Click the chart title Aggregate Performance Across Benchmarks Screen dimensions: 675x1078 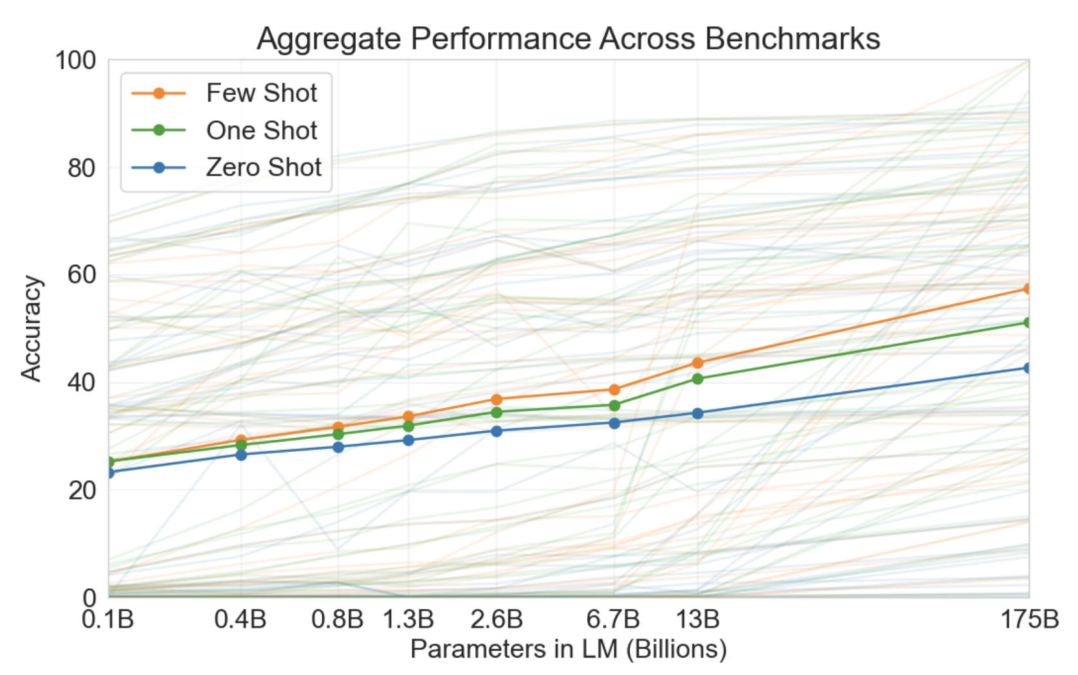568,39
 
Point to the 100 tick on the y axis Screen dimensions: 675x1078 75,61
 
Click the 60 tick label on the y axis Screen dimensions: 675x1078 81,275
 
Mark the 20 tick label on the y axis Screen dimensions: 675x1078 81,491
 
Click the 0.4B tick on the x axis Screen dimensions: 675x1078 241,620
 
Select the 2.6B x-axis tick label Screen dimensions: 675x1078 497,620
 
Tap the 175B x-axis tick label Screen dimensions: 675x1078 1029,620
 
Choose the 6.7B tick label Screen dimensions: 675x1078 613,620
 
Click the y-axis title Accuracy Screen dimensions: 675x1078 31,328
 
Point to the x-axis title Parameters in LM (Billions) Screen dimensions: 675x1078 568,649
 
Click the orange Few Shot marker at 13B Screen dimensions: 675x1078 698,363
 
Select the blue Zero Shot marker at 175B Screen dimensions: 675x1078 1028,368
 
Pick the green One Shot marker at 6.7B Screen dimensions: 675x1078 614,406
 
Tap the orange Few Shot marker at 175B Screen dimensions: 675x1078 1028,289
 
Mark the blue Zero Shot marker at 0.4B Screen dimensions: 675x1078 241,455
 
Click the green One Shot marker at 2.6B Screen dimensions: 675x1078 497,412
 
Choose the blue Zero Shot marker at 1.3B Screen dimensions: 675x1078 408,440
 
